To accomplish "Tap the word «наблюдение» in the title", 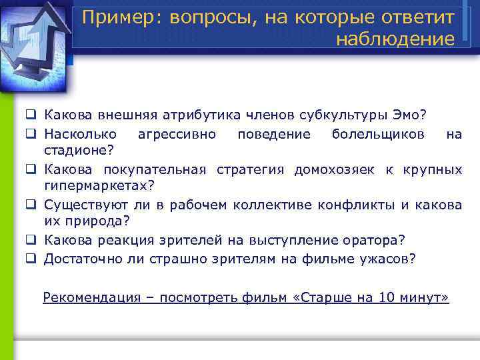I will tap(395, 39).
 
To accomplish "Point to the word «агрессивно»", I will tap(176, 135).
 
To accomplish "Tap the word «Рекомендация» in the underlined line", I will tap(89, 297).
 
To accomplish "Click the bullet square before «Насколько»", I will tap(31, 135).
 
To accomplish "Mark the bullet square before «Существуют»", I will tap(31, 205).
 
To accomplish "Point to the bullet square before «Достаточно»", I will tap(31, 257).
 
